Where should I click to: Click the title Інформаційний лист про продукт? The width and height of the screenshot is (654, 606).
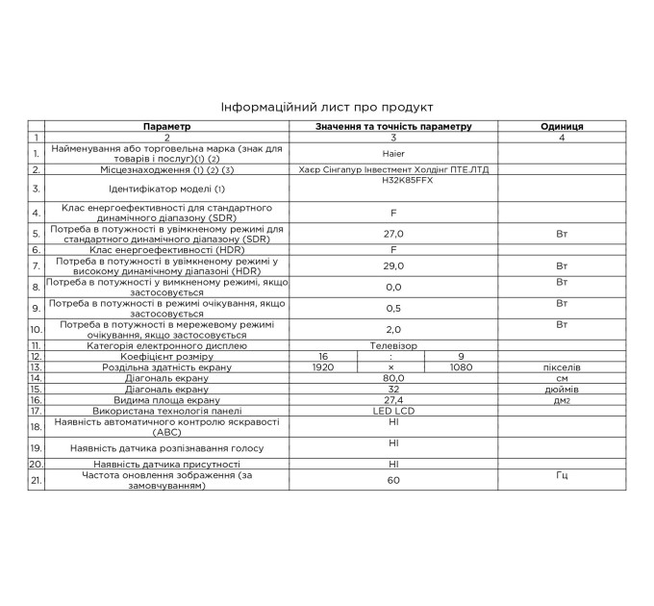tap(327, 107)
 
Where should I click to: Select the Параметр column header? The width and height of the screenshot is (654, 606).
tap(167, 126)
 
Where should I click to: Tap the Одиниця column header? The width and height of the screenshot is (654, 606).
tap(562, 126)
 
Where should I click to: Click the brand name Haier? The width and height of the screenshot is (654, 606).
tap(393, 153)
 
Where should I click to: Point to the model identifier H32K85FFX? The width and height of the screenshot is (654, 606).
tap(393, 180)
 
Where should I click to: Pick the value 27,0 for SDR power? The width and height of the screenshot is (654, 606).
tap(393, 234)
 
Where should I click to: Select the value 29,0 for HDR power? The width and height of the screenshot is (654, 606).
tap(393, 266)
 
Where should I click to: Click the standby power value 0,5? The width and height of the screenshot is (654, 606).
tap(393, 308)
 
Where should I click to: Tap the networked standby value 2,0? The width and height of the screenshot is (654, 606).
tap(393, 329)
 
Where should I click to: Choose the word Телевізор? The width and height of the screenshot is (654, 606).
tap(393, 344)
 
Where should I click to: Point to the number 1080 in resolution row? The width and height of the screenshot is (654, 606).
tap(463, 366)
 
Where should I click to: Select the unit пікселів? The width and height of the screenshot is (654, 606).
tap(562, 366)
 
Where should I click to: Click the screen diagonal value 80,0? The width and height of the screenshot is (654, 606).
tap(393, 378)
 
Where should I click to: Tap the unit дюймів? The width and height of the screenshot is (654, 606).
tap(562, 390)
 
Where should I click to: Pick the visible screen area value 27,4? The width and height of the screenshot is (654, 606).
tap(393, 400)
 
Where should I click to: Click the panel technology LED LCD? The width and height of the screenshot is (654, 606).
tap(393, 411)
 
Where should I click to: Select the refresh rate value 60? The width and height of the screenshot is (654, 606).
tap(393, 479)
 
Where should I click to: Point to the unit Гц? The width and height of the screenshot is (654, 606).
tap(562, 475)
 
